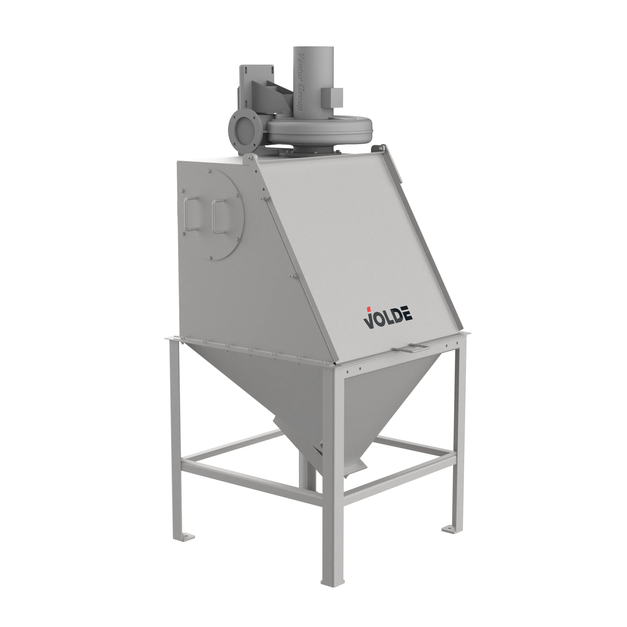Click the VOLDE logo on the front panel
387,318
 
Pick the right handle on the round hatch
218,216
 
